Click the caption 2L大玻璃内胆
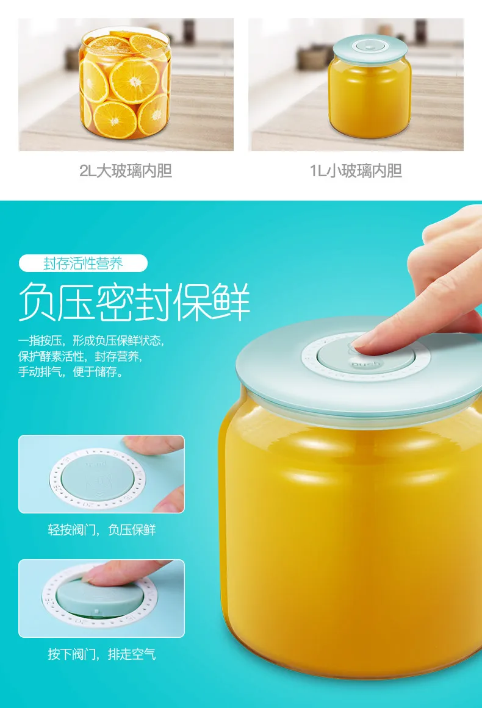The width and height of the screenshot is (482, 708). click(126, 171)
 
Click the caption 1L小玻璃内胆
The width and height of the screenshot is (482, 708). click(356, 171)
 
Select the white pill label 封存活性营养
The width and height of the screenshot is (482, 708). click(83, 263)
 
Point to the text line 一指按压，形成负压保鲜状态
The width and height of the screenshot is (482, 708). click(91, 340)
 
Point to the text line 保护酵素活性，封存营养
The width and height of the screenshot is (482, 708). click(80, 356)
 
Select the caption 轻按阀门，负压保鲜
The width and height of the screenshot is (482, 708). click(102, 530)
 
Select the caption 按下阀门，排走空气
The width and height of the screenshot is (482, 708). click(102, 654)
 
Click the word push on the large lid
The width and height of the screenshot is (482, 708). click(365, 365)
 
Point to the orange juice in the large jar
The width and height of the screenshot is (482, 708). click(348, 537)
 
